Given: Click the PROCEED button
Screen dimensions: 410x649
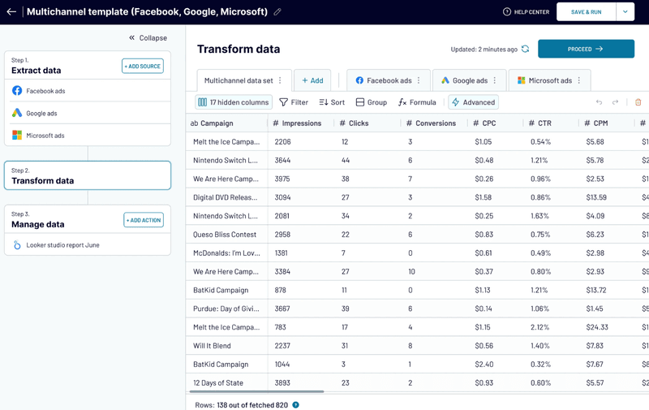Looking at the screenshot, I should [586, 49].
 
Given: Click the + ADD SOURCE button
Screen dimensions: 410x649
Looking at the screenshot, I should [143, 66].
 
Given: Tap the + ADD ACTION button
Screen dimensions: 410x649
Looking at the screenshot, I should [144, 220].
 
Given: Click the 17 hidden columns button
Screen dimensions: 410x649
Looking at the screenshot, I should [234, 102].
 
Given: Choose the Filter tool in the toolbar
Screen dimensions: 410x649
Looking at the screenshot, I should [294, 102].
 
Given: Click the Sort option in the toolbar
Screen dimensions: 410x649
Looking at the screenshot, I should [332, 102].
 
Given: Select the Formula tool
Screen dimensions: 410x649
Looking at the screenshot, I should [417, 102].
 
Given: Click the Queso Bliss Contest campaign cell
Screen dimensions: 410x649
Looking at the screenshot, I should [225, 235].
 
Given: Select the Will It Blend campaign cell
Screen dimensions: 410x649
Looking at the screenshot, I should [213, 346].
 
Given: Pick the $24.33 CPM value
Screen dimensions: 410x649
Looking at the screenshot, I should [596, 327].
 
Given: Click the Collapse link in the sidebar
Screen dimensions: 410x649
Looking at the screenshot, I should [148, 37].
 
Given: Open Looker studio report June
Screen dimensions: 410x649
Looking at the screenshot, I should [62, 245].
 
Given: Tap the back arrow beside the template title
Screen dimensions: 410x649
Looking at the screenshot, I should [11, 12].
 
